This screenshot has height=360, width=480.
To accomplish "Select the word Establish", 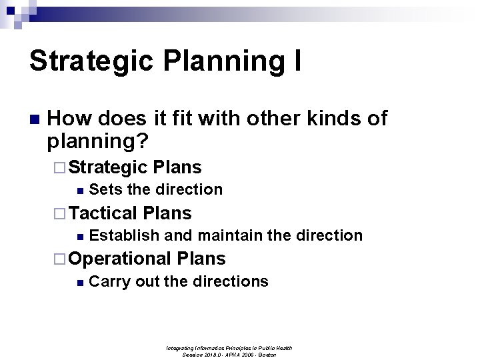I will pyautogui.click(x=124, y=235).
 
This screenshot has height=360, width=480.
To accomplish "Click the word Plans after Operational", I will pyautogui.click(x=201, y=258).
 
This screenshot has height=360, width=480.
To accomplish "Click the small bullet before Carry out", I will pyautogui.click(x=80, y=282).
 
